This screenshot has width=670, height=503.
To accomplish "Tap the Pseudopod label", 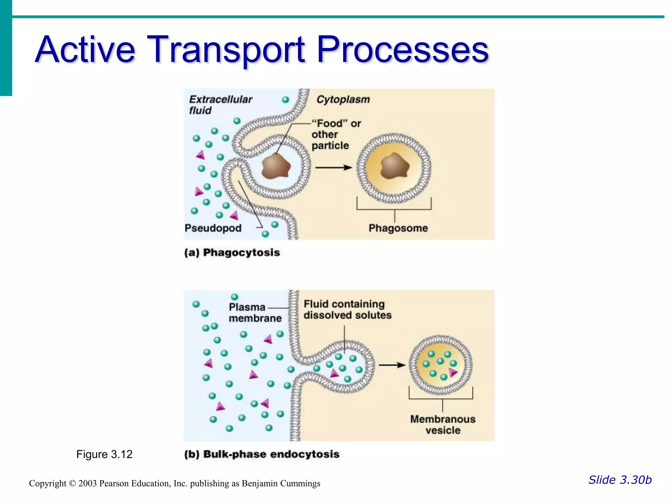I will point(213,228).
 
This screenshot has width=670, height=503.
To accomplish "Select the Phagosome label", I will point(398,228).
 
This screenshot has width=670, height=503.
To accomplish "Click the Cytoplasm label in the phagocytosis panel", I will point(343,99).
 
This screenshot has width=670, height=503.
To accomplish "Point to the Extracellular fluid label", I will point(220,104).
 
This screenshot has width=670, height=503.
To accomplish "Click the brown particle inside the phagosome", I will point(395,166).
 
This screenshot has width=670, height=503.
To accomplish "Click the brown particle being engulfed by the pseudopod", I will point(276,166).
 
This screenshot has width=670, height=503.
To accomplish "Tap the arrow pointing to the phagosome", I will point(333,168).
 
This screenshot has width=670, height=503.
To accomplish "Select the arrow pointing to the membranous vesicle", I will point(392,365).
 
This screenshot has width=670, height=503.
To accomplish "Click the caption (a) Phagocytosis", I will point(232,252).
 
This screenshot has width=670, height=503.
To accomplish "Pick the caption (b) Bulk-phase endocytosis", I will point(262,454).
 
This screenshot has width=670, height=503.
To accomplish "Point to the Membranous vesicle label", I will point(443,424).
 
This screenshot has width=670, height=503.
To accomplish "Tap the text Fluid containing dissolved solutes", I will point(347,309).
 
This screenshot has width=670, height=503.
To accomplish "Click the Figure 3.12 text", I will point(104,454).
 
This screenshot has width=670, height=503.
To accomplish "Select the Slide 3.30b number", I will point(620,480).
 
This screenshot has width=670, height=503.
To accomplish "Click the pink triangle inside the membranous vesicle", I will point(453,372).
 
